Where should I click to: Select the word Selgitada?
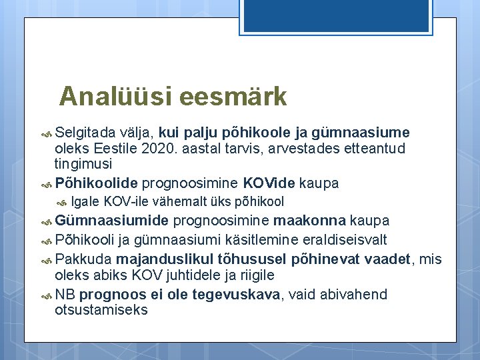[x=85, y=132]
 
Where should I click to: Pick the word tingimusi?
[x=83, y=163]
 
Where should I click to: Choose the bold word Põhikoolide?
[x=97, y=183]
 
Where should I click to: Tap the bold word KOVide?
[x=270, y=183]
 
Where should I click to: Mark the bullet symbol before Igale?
[x=63, y=202]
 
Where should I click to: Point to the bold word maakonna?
[x=309, y=221]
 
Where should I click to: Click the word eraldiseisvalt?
[x=351, y=239]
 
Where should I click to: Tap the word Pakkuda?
[x=83, y=259]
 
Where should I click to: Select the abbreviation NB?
[x=65, y=294]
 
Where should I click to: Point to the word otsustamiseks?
[x=101, y=310]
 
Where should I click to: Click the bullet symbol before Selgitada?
[x=46, y=133]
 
